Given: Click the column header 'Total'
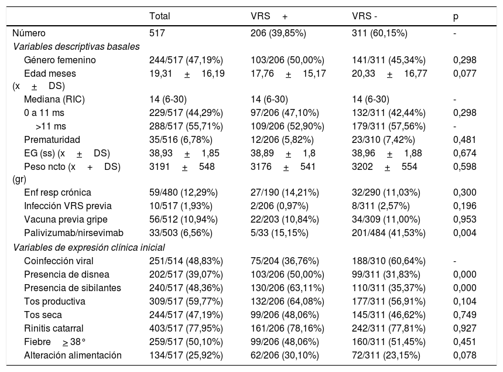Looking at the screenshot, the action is coord(159,16).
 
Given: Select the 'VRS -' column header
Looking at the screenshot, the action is coord(364,16).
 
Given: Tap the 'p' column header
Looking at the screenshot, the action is coord(456,16).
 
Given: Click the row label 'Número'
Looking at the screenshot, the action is coord(29,33).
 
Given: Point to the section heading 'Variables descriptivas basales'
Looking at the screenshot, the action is coord(76,46).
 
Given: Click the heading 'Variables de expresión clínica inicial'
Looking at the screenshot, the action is coord(89,247).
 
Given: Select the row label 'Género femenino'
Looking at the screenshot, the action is coord(60,60).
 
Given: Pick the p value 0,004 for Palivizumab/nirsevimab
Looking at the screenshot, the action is coord(464,233).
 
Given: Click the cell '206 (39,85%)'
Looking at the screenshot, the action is coord(278,33).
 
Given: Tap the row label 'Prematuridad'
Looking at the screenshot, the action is coord(52,139).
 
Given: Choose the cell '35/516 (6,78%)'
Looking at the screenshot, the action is coord(180,139).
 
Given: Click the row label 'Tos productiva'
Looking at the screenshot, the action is coord(54,301).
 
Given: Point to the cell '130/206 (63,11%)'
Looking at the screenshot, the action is coord(288,288).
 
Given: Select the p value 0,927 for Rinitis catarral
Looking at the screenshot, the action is coord(464,328).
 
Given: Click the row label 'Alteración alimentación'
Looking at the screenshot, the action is coord(73,356).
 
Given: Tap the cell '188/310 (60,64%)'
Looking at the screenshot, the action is coord(389,261).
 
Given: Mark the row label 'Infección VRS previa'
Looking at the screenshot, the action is coord(68,206).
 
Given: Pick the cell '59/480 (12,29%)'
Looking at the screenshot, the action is coord(183,192).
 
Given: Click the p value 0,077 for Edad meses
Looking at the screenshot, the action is coord(464,73).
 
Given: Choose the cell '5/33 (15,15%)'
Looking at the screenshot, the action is coord(279,233).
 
